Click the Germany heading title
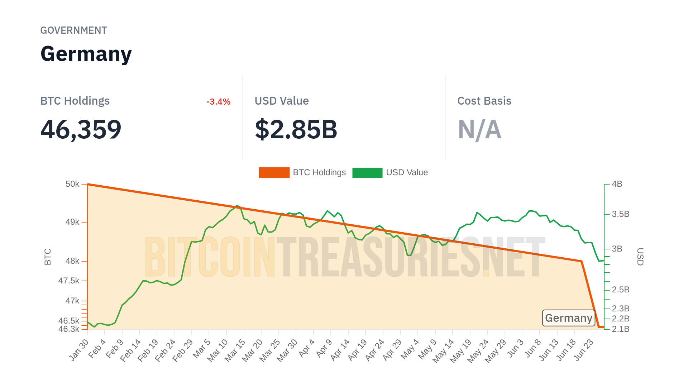click(86, 54)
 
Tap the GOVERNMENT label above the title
click(73, 30)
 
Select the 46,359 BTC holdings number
click(81, 129)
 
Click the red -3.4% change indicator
click(218, 102)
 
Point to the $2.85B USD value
click(296, 129)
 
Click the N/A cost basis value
click(479, 129)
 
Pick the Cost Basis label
click(484, 101)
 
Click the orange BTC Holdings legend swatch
click(274, 173)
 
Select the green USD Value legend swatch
click(367, 173)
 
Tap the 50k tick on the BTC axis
click(72, 184)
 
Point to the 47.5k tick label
click(69, 281)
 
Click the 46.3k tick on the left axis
click(69, 329)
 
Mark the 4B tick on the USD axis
click(617, 184)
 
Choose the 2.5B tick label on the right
click(621, 290)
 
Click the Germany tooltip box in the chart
click(569, 318)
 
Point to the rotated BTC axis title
click(48, 257)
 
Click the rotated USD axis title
click(640, 257)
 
